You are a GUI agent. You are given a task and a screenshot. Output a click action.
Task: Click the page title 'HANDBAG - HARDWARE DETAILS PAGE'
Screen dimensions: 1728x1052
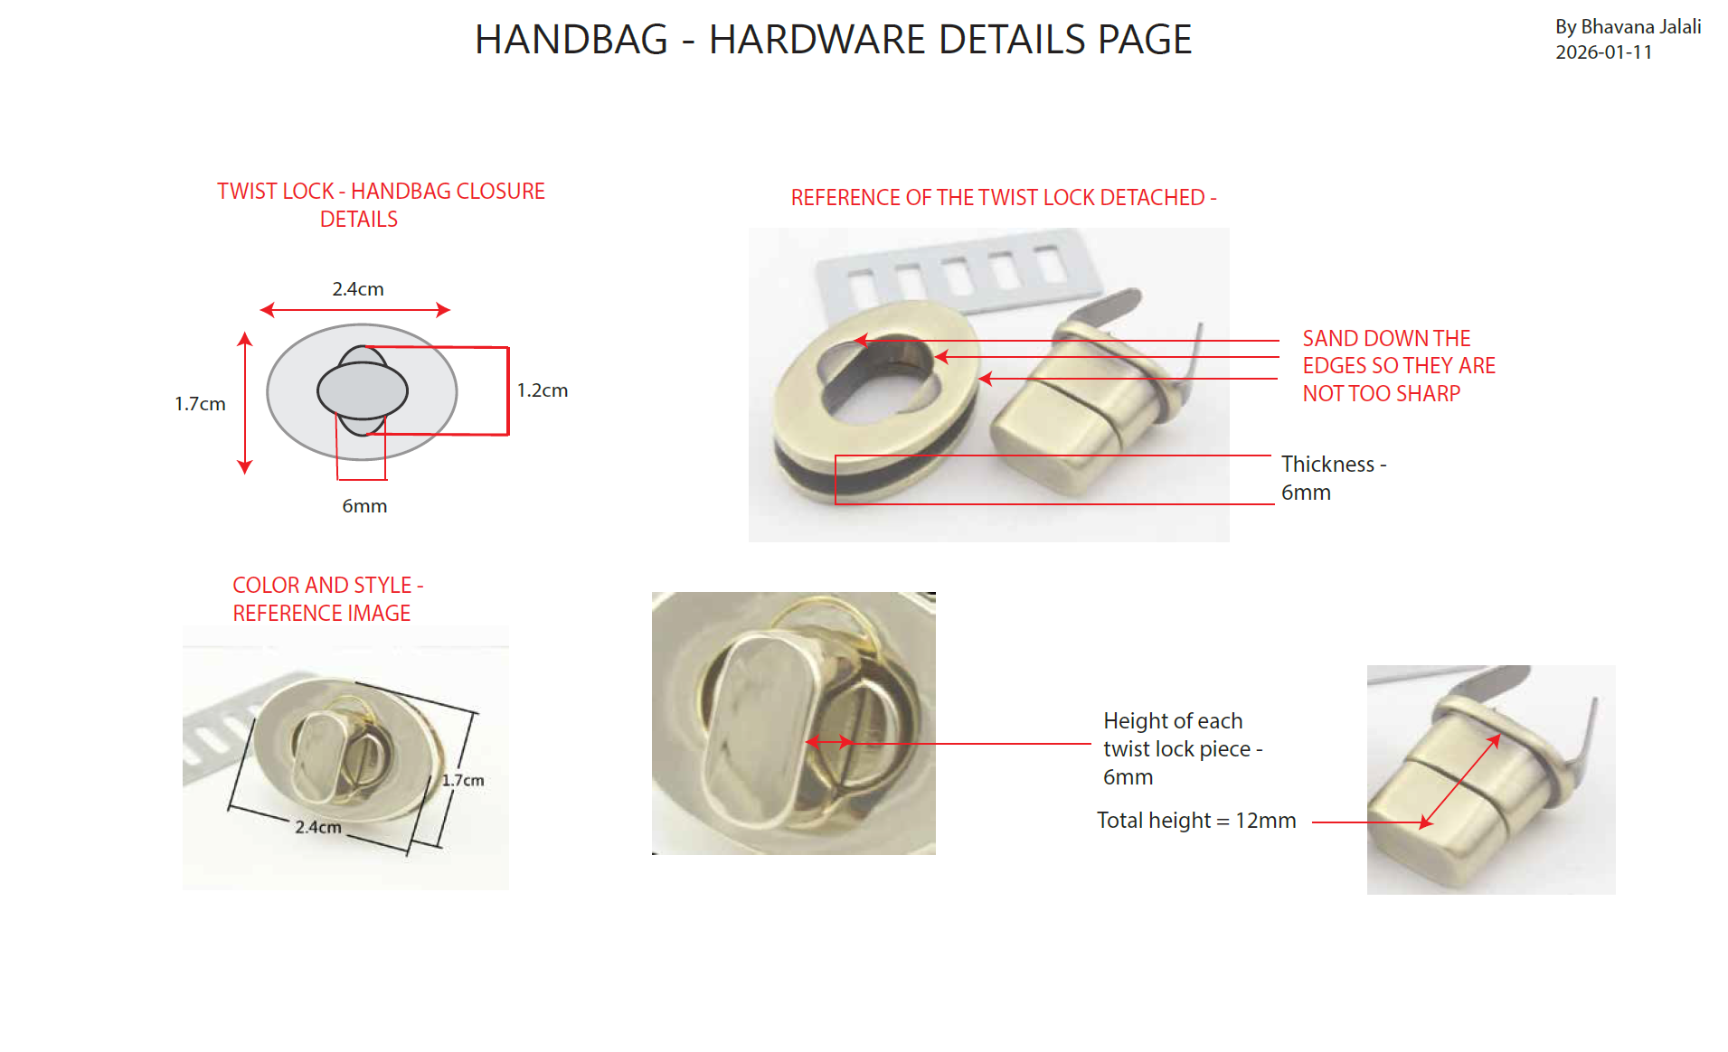pos(833,40)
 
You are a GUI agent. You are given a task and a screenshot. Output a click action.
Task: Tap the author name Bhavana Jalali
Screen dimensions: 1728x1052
pos(1640,27)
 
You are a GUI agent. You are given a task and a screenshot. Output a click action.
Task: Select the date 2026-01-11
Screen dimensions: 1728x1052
pos(1603,52)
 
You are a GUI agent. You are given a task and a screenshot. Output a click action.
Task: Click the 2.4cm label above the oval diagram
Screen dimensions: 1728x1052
pos(358,289)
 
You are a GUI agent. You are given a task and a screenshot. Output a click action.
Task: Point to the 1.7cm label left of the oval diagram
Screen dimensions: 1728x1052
pos(200,404)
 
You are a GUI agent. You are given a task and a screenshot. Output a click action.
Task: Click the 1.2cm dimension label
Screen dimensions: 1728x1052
pos(543,390)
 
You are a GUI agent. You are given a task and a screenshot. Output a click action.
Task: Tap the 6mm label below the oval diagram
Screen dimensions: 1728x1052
pos(364,506)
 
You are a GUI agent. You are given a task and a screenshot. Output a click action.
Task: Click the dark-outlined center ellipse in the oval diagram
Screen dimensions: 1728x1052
pos(363,390)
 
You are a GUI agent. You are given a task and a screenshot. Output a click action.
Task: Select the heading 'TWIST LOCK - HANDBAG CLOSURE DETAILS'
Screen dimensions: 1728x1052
pos(381,205)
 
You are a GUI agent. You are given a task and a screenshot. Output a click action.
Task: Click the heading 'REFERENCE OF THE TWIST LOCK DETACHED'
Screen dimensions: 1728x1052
pos(1004,198)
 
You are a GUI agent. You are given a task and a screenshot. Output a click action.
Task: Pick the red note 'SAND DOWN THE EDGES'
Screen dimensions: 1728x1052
pos(1399,366)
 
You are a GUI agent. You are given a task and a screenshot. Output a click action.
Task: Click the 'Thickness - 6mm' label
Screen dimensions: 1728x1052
pos(1334,478)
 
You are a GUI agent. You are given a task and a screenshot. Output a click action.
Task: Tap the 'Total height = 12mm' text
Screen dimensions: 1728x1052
pos(1196,821)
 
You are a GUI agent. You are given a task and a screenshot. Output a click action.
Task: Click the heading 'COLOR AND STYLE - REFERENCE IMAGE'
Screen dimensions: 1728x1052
pos(327,599)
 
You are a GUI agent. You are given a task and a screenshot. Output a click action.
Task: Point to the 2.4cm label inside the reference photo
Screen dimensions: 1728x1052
pos(318,826)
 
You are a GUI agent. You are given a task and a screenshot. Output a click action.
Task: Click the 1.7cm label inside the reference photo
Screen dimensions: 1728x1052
pos(463,780)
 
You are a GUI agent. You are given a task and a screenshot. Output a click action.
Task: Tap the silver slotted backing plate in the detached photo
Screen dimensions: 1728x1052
pos(958,271)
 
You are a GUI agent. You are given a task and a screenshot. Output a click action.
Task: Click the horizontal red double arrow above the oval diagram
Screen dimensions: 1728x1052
pos(354,310)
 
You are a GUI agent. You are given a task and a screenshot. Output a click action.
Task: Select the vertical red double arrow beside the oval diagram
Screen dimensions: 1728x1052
pos(244,403)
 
